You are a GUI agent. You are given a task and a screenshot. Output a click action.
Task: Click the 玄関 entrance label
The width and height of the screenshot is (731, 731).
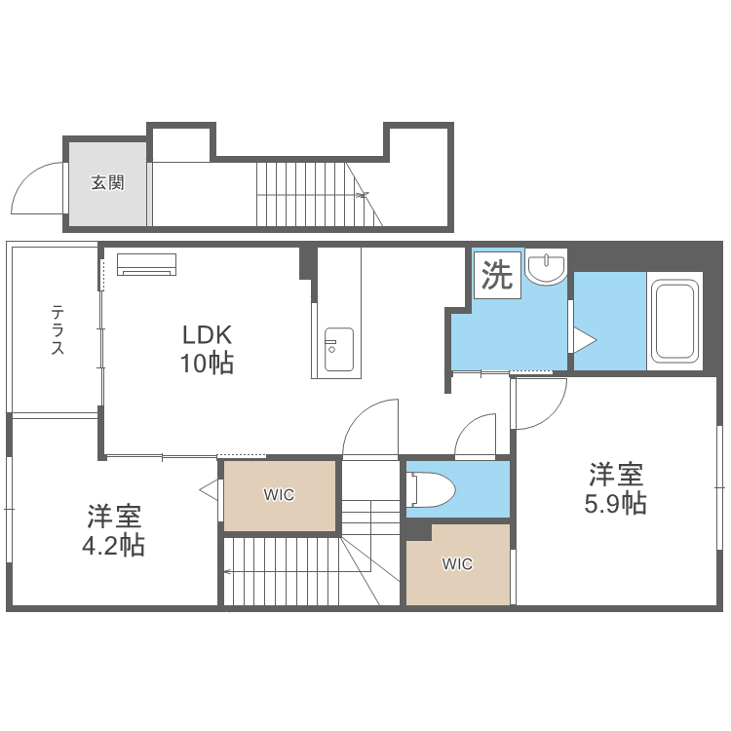(x=107, y=182)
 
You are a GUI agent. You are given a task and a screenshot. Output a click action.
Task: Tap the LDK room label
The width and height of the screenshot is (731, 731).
(x=207, y=334)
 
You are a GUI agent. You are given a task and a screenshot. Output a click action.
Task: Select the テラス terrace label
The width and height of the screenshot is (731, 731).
(x=58, y=329)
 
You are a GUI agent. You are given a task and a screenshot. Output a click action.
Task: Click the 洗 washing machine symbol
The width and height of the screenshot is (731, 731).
(x=497, y=275)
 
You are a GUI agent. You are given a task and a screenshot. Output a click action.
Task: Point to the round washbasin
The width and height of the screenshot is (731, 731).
(x=546, y=267)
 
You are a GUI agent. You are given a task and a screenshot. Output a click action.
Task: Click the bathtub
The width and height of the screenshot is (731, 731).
(x=675, y=321)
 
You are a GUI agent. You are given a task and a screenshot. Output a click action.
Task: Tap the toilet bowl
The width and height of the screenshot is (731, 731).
(x=431, y=489)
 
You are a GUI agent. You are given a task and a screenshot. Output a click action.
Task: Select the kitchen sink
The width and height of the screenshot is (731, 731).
(x=338, y=350)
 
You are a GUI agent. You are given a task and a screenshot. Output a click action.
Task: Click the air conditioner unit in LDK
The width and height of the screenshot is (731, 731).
(x=146, y=264)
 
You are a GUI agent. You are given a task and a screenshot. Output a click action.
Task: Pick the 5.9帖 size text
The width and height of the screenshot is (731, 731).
(x=615, y=504)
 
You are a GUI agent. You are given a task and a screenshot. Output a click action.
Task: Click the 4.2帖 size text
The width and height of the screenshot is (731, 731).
(x=113, y=546)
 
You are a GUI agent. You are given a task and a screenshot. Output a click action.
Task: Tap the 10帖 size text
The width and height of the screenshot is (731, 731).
(x=207, y=363)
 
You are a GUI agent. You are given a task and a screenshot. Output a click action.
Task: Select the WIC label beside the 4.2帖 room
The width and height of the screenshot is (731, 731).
(x=279, y=494)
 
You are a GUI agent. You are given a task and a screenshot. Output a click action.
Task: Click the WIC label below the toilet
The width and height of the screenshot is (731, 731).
(x=457, y=564)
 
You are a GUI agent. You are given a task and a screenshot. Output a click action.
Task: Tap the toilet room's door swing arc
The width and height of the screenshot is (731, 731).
(x=466, y=424)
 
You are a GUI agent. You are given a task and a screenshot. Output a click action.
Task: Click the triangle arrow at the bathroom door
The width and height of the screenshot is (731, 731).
(x=585, y=340)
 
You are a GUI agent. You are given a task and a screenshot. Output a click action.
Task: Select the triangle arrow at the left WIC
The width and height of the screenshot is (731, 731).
(x=210, y=489)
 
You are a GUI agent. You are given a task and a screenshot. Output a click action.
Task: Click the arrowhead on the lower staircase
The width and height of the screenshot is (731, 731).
(x=227, y=571)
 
